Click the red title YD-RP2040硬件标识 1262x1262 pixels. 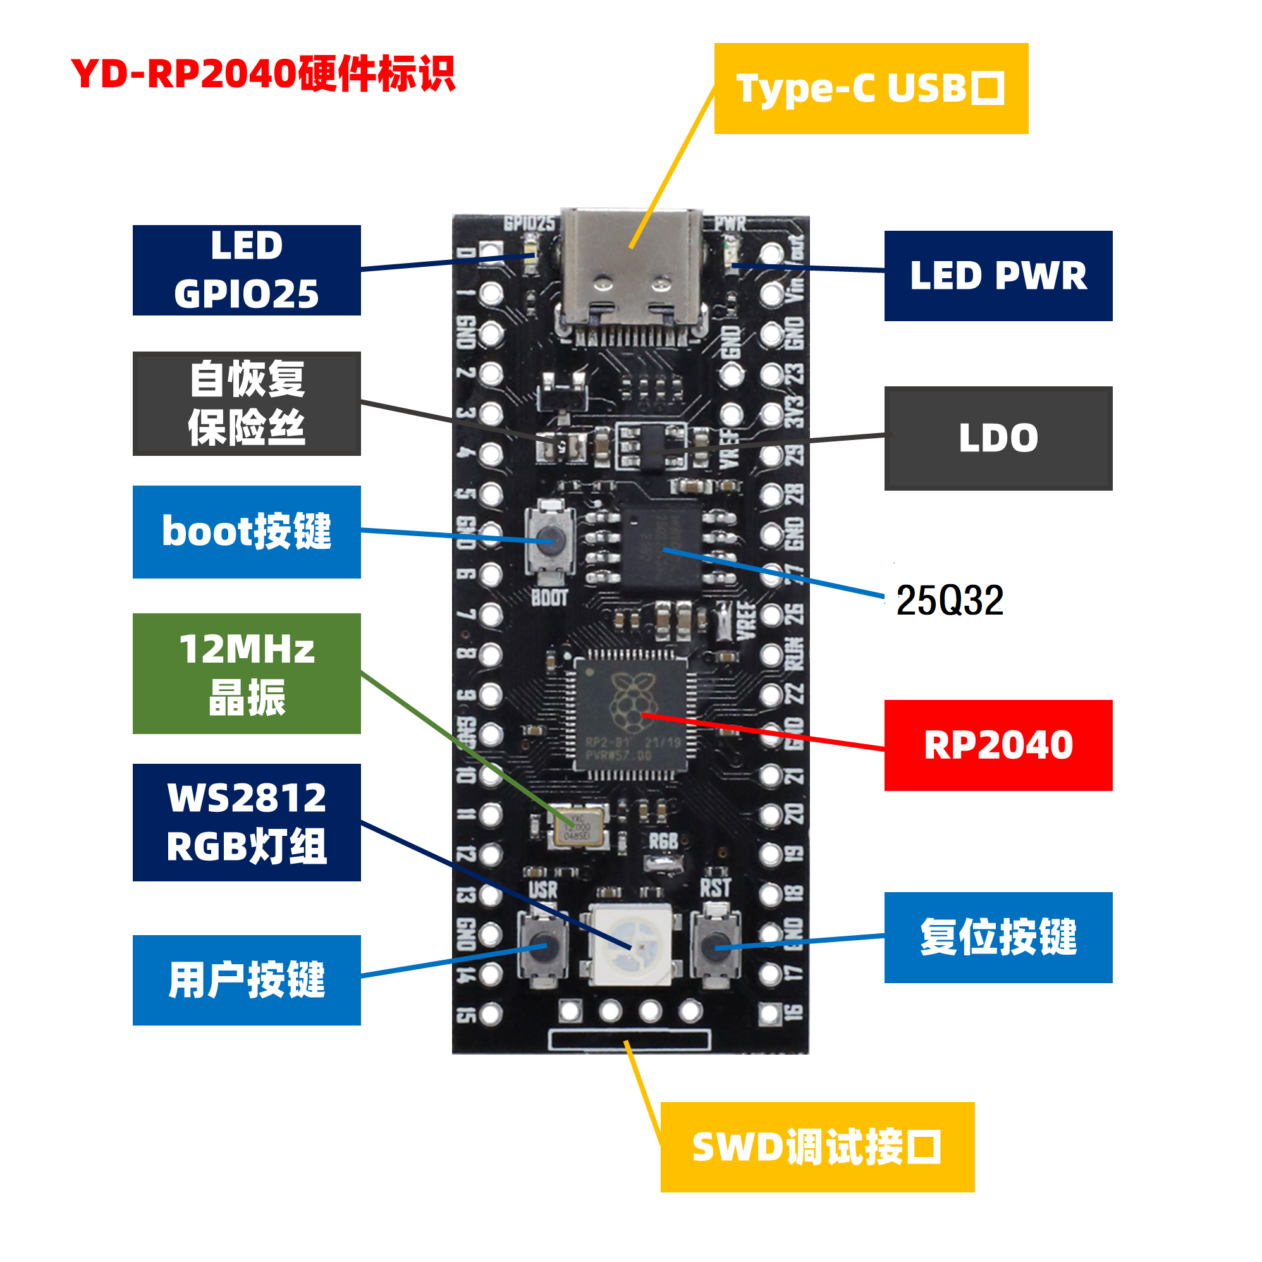click(x=262, y=73)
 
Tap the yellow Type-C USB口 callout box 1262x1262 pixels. click(x=871, y=89)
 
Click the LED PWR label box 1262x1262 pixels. click(x=998, y=276)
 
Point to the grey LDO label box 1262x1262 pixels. click(x=998, y=438)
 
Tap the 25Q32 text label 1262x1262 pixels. click(x=949, y=599)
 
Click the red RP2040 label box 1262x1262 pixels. click(x=998, y=745)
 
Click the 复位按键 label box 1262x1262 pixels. click(x=998, y=937)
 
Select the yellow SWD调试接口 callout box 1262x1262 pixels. click(x=816, y=1146)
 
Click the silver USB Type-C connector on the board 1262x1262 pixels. click(x=631, y=274)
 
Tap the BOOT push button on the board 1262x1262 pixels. click(x=551, y=541)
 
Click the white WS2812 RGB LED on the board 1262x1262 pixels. click(x=630, y=945)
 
